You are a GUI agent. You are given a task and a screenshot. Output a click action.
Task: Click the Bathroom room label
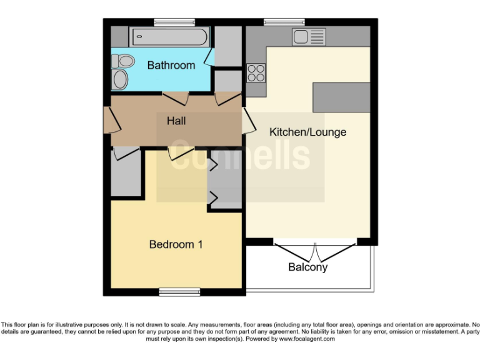[171, 65]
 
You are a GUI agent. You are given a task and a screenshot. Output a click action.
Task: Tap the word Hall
[176, 121]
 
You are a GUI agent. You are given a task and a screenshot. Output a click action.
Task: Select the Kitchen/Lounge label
[307, 132]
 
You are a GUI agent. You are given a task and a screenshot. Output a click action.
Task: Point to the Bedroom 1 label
[176, 244]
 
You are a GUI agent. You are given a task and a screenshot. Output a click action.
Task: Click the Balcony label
[307, 267]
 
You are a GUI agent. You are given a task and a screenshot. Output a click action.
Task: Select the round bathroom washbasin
[120, 79]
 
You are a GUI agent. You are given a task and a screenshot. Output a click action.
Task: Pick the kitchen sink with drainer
[309, 37]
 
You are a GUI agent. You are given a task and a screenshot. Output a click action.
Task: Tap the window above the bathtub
[170, 22]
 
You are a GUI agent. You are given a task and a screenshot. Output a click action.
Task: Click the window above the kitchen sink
[284, 22]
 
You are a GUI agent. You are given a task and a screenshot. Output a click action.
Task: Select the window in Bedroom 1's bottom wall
[179, 291]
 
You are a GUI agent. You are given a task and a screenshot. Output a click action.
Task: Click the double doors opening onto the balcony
[316, 251]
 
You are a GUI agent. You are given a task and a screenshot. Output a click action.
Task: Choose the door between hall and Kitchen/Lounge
[248, 120]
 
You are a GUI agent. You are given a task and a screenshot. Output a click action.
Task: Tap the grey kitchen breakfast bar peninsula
[341, 96]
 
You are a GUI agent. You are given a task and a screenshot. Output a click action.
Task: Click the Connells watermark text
[241, 156]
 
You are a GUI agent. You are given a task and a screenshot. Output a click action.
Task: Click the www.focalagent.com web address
[306, 339]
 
